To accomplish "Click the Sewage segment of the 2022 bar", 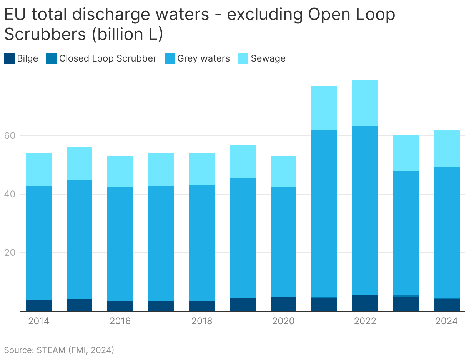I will (365, 103).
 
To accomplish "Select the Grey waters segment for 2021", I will (324, 213).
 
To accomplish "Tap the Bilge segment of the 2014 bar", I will (39, 305).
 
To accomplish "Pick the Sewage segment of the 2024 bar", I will (447, 148).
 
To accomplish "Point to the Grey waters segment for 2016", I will (120, 244).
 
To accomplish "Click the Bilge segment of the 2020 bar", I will (283, 304).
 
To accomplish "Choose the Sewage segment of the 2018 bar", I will (202, 169).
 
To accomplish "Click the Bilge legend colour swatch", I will (9, 58).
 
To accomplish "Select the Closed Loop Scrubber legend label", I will (108, 58).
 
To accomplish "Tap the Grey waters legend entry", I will (203, 58).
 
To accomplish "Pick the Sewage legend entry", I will (268, 58).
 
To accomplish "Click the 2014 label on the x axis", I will (39, 321).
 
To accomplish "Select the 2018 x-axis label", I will (202, 321).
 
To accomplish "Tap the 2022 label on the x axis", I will (365, 321).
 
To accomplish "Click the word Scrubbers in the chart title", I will (45, 34).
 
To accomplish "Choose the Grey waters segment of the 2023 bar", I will (406, 233).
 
